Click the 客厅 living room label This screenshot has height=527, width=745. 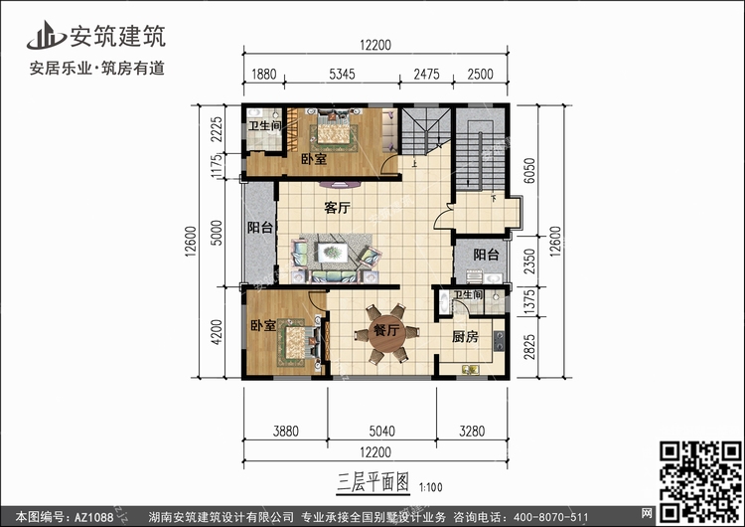pyautogui.click(x=338, y=208)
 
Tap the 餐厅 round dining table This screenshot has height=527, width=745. pyautogui.click(x=386, y=333)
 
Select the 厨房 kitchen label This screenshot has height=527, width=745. pyautogui.click(x=465, y=337)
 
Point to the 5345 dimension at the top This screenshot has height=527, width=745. pyautogui.click(x=342, y=75)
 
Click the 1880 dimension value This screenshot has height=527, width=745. pyautogui.click(x=263, y=75)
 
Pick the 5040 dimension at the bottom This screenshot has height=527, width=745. pyautogui.click(x=382, y=431)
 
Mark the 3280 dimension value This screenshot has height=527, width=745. pyautogui.click(x=472, y=431)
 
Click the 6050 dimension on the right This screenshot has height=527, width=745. pyautogui.click(x=528, y=170)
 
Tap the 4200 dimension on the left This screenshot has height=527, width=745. pyautogui.click(x=217, y=332)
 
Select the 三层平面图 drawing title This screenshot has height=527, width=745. pyautogui.click(x=372, y=483)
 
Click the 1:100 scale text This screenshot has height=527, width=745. pyautogui.click(x=431, y=487)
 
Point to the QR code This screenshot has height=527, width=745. pyautogui.click(x=701, y=481)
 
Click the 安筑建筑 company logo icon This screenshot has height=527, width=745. pyautogui.click(x=46, y=35)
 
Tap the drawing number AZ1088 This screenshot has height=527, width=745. pyautogui.click(x=94, y=517)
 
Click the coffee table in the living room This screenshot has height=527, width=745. pyautogui.click(x=333, y=253)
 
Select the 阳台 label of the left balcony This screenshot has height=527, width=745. pyautogui.click(x=260, y=228)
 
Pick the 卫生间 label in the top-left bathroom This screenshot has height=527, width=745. pyautogui.click(x=264, y=125)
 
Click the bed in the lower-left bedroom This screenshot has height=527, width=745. pyautogui.click(x=297, y=342)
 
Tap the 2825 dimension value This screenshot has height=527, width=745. pyautogui.click(x=528, y=347)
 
